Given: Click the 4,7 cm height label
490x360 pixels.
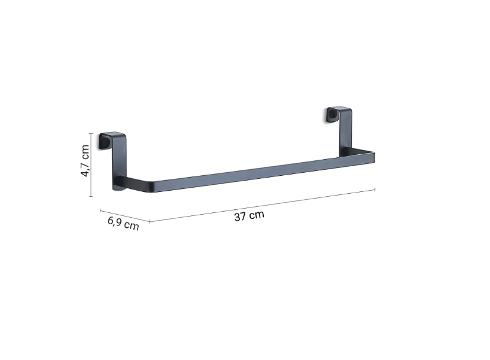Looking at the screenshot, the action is pyautogui.click(x=85, y=161).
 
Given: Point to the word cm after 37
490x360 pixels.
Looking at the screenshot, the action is pyautogui.click(x=257, y=215).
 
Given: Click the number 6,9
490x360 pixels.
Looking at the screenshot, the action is pyautogui.click(x=115, y=221).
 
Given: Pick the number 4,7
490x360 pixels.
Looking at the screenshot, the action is pyautogui.click(x=85, y=169).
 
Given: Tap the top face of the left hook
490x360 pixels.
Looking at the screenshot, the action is pyautogui.click(x=113, y=135).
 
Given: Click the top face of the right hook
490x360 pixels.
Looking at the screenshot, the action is pyautogui.click(x=340, y=109).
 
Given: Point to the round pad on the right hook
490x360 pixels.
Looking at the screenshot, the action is pyautogui.click(x=332, y=116).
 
